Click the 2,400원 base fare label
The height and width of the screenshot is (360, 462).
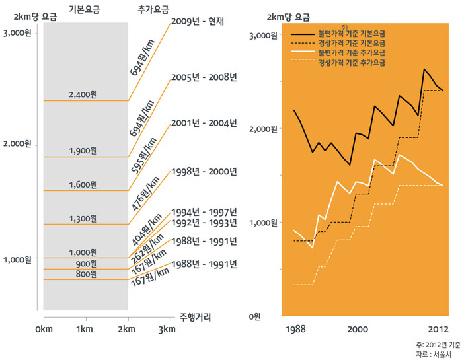click(x=83, y=94)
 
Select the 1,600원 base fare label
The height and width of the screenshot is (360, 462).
click(x=83, y=184)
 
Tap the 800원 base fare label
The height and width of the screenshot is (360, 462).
click(x=85, y=274)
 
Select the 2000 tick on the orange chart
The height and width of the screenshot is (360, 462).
click(x=358, y=329)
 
